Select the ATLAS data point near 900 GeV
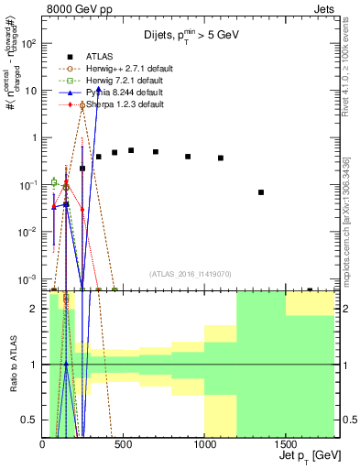188,157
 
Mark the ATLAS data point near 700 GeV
156,151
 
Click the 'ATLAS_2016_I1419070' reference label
191,273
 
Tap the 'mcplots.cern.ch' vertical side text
347,229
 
